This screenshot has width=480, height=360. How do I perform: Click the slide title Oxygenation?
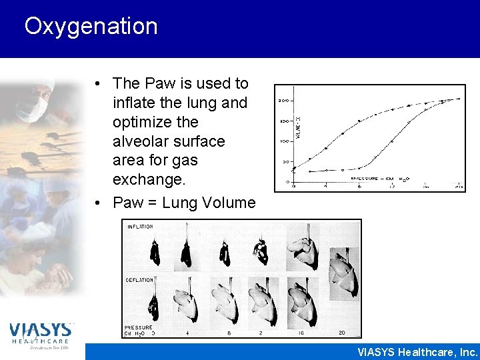pos(91,27)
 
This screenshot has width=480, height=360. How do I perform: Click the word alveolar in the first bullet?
pos(141,141)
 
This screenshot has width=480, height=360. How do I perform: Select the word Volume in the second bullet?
pos(231,203)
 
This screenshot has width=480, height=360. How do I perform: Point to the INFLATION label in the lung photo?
pos(139,227)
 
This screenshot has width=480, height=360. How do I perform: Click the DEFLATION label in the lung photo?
pos(140,281)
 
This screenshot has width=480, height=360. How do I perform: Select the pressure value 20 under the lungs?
pos(341,332)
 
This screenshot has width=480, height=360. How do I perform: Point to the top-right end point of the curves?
pos(458,99)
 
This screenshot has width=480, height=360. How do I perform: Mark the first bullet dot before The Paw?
pos(97,84)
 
